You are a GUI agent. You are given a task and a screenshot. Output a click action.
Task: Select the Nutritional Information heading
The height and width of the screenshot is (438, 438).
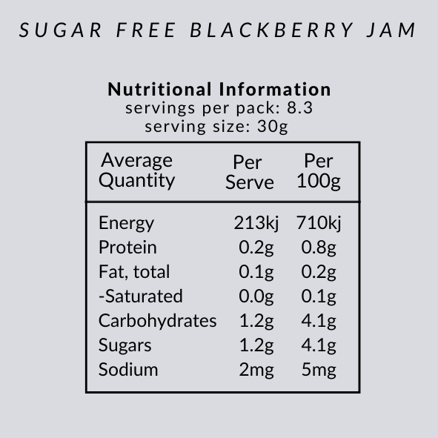point(219,90)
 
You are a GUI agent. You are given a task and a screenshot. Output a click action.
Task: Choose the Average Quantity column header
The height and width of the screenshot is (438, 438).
point(137,170)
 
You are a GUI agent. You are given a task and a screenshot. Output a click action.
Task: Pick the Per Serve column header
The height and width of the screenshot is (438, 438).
point(250,172)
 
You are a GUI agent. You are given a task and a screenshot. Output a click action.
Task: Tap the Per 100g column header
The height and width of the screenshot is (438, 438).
point(319,172)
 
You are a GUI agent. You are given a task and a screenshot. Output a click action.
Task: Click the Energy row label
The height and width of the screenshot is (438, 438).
point(126,223)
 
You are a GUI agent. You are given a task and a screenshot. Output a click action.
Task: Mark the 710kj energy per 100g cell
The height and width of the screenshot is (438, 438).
point(319,223)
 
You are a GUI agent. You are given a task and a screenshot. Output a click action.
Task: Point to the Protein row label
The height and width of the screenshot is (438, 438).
point(127,248)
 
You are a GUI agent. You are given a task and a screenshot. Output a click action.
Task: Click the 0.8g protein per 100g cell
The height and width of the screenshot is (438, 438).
point(319,248)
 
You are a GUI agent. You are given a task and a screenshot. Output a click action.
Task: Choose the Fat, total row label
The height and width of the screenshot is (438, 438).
point(134,272)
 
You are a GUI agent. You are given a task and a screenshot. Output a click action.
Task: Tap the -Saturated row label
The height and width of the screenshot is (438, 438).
point(140,296)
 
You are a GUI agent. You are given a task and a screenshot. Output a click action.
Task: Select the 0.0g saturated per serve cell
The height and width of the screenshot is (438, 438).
point(256,296)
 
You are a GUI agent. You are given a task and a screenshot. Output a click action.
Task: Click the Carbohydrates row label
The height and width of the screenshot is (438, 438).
point(157,321)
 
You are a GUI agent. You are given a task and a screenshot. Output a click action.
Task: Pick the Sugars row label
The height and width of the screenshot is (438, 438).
point(125,345)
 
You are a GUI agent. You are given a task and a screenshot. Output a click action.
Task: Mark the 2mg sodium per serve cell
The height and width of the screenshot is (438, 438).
point(256,369)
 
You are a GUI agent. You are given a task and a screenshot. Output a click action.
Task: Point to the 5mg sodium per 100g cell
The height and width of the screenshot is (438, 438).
point(319,369)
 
